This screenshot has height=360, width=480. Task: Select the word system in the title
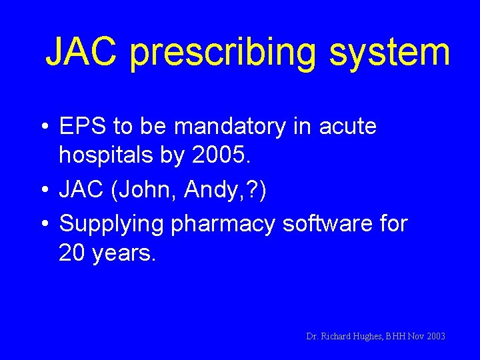[x=388, y=53]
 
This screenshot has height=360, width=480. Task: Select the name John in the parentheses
[x=146, y=190]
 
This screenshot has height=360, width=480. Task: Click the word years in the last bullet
[x=126, y=254]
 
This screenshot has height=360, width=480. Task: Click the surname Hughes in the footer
[x=363, y=336]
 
